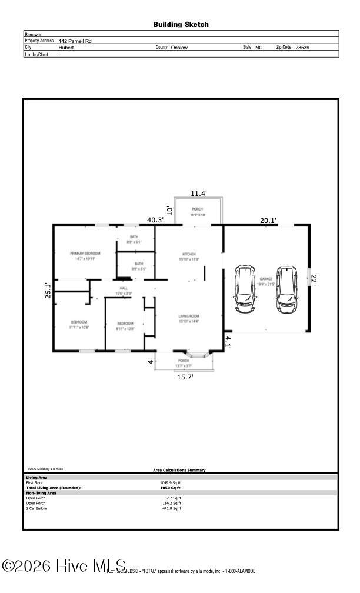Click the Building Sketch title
coord(181,25)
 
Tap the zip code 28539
coord(302,48)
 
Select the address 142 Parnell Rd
coord(75,41)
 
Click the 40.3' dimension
coord(155,220)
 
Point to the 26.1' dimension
coord(49,291)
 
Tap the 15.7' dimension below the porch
coord(185,377)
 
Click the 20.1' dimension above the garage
coord(268,221)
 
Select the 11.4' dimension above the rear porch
coord(198,194)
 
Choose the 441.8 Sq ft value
coord(172,508)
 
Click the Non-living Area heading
coord(41,493)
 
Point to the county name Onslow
coord(179,48)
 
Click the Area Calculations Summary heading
coord(179,470)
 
